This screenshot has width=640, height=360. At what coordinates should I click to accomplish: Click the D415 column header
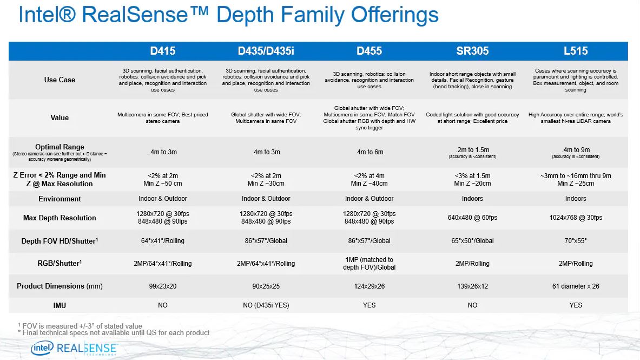(163, 51)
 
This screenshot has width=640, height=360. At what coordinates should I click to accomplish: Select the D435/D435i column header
(266, 51)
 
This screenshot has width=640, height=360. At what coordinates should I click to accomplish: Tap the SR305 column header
(472, 51)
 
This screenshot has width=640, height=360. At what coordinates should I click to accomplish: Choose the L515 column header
(576, 51)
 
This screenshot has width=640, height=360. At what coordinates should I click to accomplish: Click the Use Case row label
(60, 80)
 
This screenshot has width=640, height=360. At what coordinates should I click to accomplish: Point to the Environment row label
(60, 199)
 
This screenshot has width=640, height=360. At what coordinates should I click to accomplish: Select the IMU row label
(60, 305)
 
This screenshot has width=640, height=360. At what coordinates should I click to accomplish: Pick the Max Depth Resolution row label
(60, 218)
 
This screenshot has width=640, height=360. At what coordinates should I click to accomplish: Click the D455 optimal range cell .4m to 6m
(369, 152)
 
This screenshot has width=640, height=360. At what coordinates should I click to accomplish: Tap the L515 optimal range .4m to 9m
(576, 150)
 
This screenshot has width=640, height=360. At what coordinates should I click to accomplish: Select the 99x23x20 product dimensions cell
(163, 286)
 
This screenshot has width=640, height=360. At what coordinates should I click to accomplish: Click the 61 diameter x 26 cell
(576, 286)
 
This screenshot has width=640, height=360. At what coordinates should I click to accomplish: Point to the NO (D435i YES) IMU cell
(266, 305)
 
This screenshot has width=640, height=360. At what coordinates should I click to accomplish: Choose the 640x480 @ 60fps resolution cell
(472, 218)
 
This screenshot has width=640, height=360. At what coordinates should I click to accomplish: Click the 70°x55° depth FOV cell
(576, 240)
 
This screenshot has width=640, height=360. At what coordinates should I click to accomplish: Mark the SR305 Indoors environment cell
(472, 199)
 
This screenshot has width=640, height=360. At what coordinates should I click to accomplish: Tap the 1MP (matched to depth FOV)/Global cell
(369, 264)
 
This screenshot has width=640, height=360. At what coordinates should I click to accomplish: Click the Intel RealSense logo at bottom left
(74, 348)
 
